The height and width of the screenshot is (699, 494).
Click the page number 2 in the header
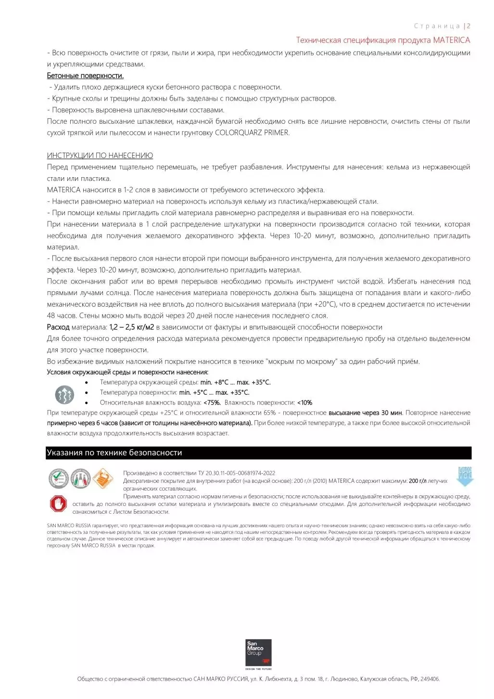pos(469,26)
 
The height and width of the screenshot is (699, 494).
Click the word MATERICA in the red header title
pos(451,40)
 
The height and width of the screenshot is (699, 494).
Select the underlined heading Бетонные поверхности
pos(85,76)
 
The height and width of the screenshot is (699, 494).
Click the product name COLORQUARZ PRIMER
pos(252,133)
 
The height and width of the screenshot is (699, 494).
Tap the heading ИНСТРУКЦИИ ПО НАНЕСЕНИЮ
pos(100,155)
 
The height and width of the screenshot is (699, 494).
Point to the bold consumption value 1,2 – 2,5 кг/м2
pos(132,327)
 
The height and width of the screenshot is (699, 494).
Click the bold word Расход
pos(58,327)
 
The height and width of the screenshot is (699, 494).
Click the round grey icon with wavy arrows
pos(64,395)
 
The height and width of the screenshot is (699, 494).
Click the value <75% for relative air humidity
pos(212,402)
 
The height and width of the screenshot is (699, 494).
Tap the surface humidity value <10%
pos(304,402)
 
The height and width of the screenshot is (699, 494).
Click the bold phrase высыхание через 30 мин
pos(366,413)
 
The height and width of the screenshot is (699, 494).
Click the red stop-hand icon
pos(58,504)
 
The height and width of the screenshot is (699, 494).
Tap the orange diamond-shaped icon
pos(102,479)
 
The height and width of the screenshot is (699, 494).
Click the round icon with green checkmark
pos(58,479)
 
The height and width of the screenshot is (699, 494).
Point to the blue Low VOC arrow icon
pos(465,476)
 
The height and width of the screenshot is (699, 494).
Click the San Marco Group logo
pos(258,653)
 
